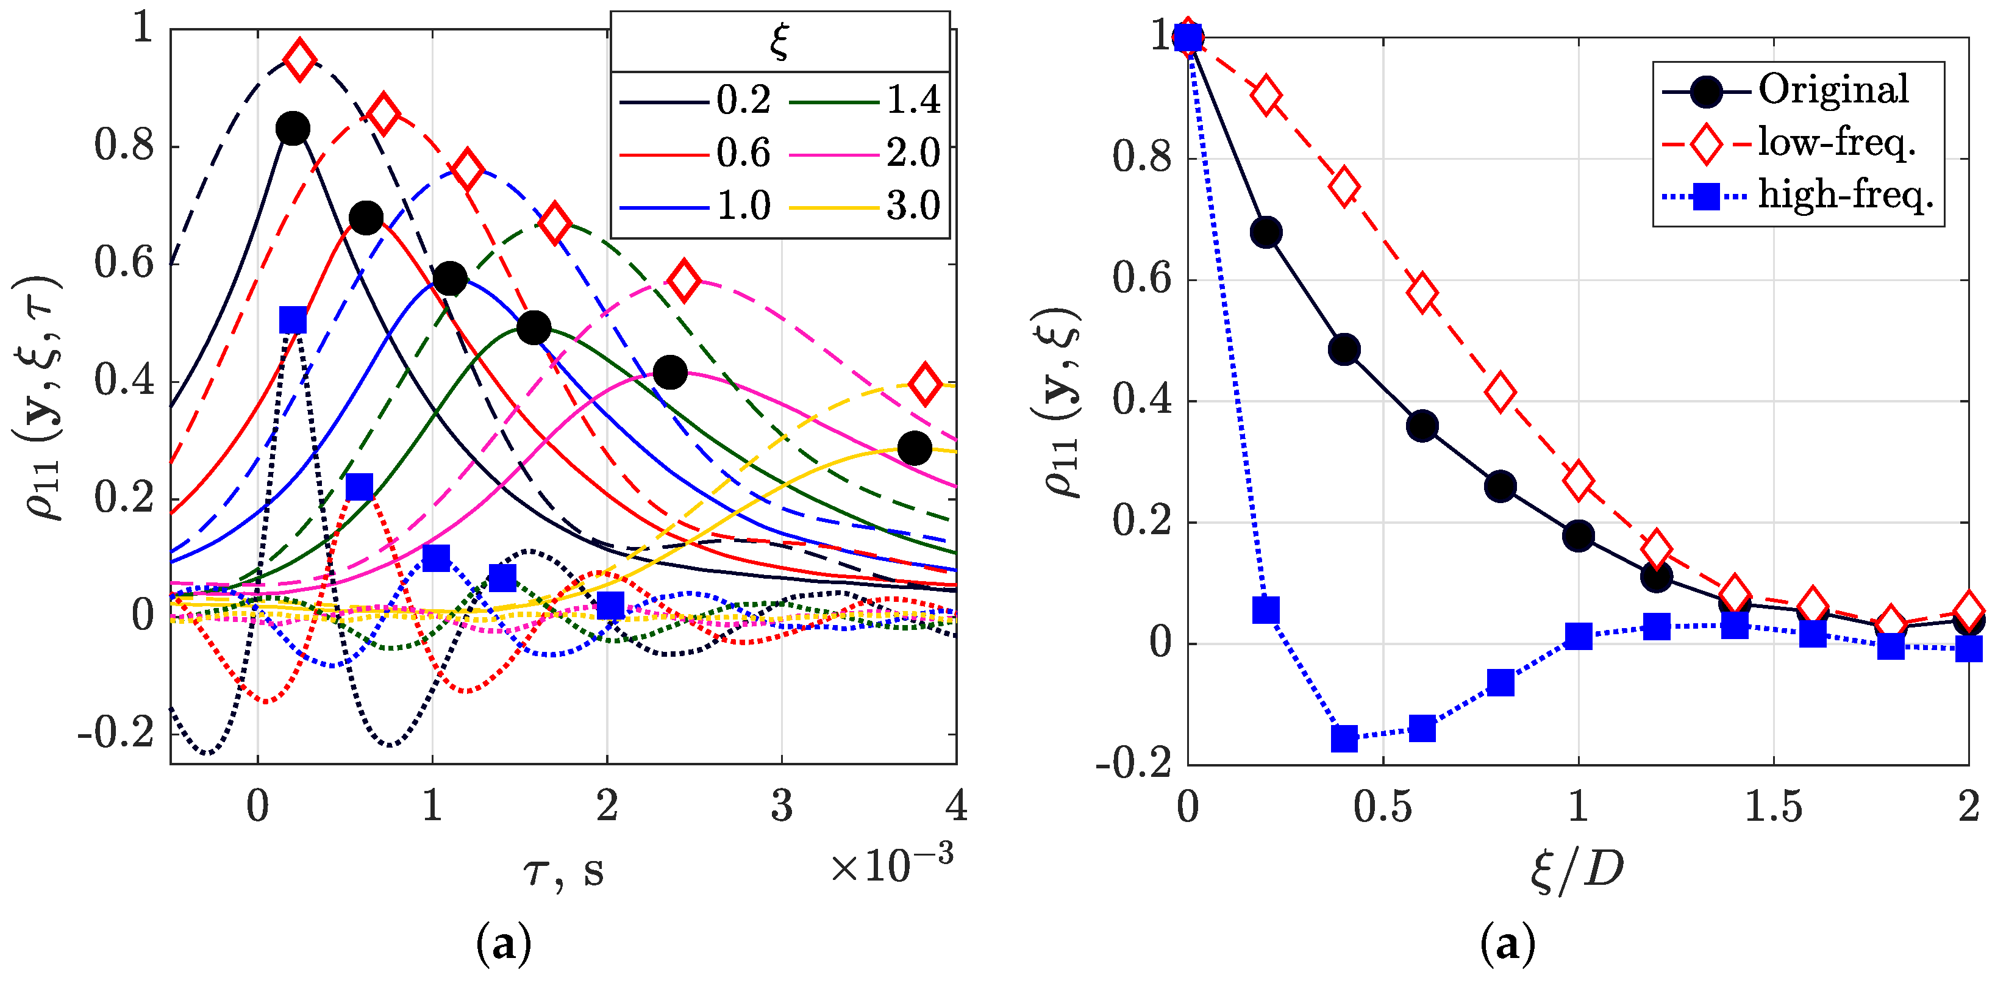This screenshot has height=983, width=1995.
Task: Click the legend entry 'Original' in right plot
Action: coord(1832,90)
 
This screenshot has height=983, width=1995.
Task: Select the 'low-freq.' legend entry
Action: coord(1835,143)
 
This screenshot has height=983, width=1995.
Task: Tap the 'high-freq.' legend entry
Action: coord(1845,195)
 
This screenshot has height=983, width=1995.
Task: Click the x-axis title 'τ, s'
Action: coord(563,872)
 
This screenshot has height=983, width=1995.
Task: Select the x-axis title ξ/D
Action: coord(1577,871)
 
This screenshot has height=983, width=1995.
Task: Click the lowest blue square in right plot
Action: coord(1344,738)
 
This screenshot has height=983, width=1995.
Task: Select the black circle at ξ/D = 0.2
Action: coord(1265,232)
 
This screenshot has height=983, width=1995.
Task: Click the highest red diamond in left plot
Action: coord(300,59)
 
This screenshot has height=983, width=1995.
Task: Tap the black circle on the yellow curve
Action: coord(914,448)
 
